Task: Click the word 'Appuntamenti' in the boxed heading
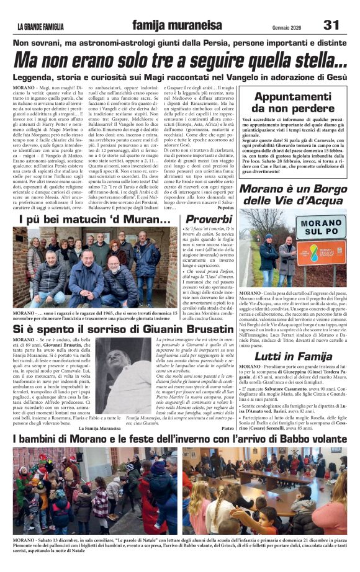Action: click(x=293, y=97)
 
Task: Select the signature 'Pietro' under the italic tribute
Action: click(x=228, y=428)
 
